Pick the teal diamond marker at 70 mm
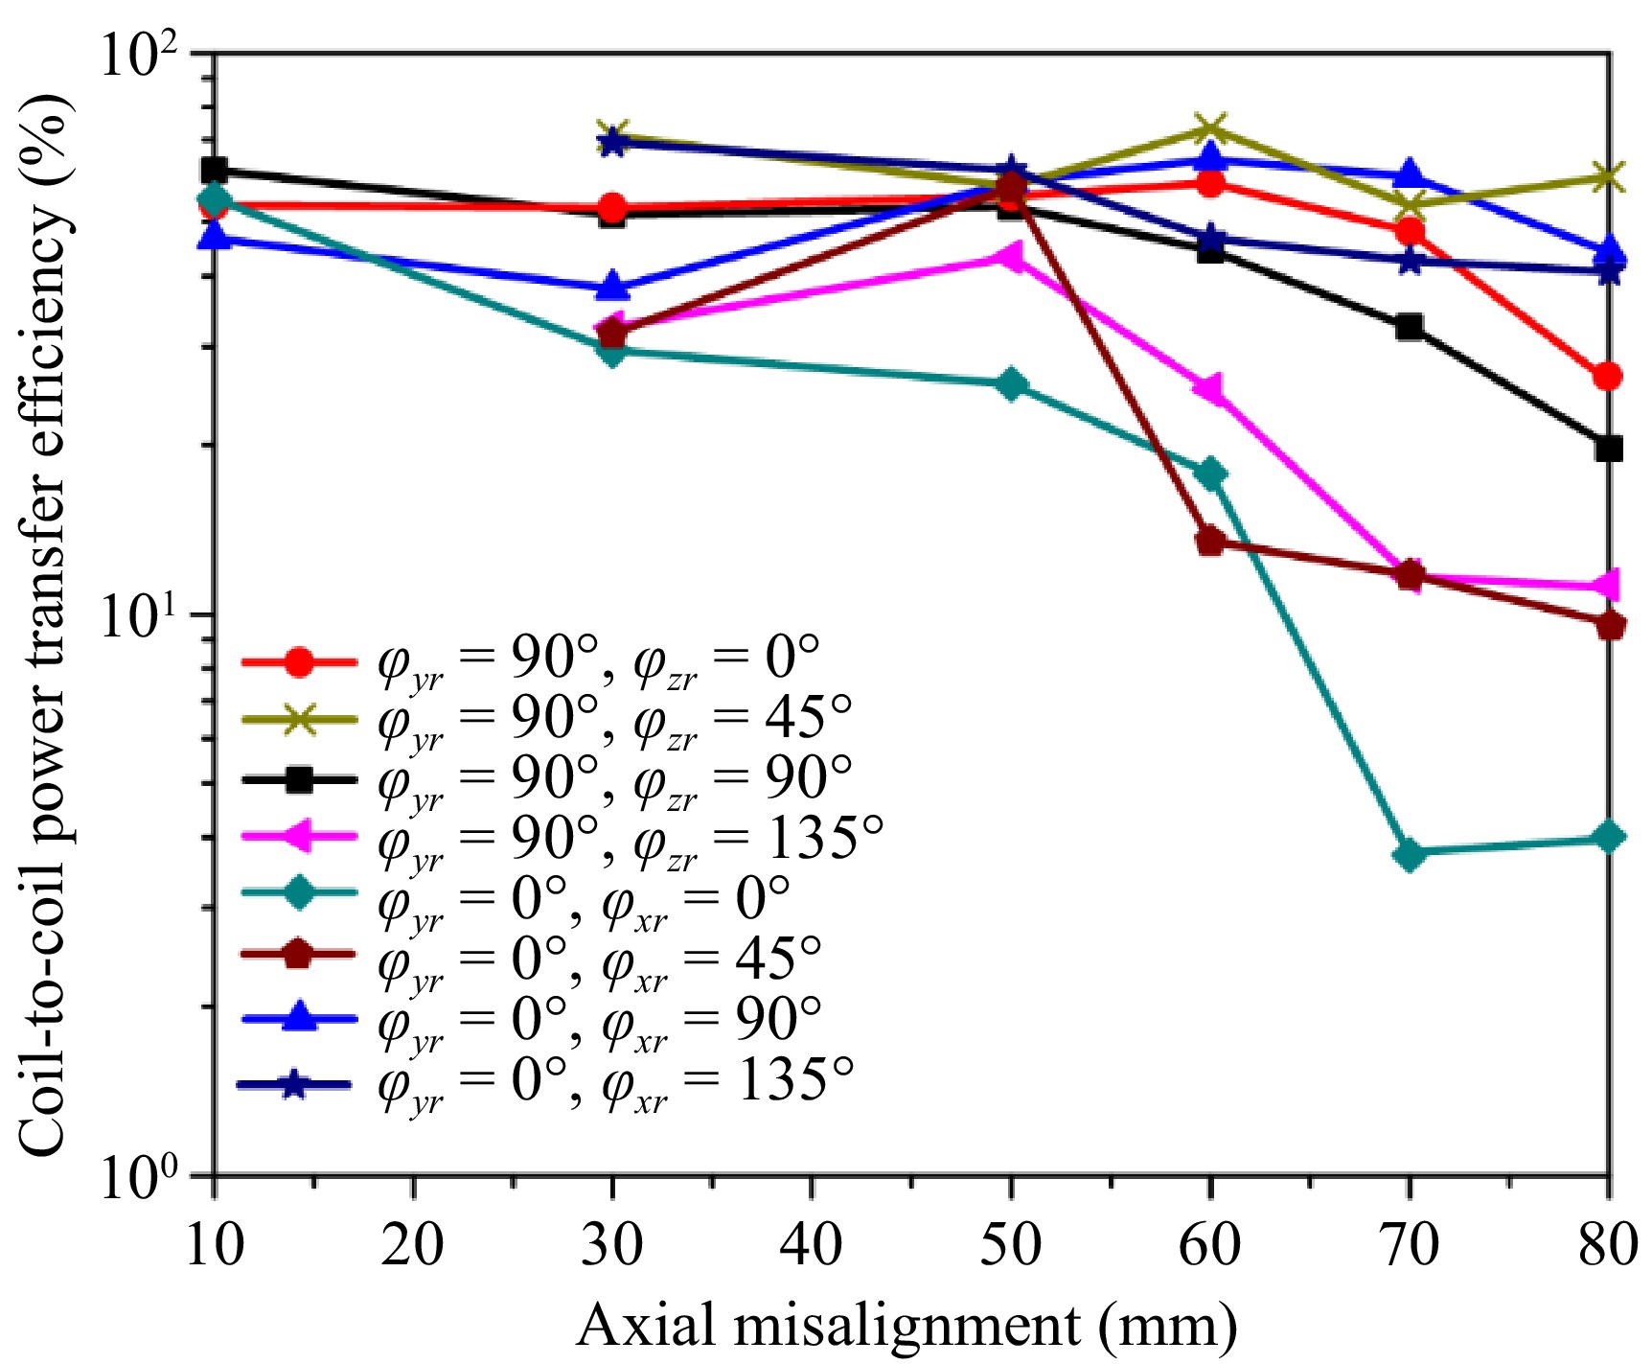click(1409, 853)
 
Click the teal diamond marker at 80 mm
click(1610, 837)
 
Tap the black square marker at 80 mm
click(1610, 448)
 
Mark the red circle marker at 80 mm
click(1610, 376)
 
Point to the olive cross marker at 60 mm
click(1211, 128)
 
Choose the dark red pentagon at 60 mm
click(1211, 542)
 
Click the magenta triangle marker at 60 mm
click(1209, 388)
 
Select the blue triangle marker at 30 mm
click(612, 287)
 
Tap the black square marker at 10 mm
click(214, 171)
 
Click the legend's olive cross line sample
click(299, 720)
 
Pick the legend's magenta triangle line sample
click(299, 838)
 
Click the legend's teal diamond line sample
click(299, 897)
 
